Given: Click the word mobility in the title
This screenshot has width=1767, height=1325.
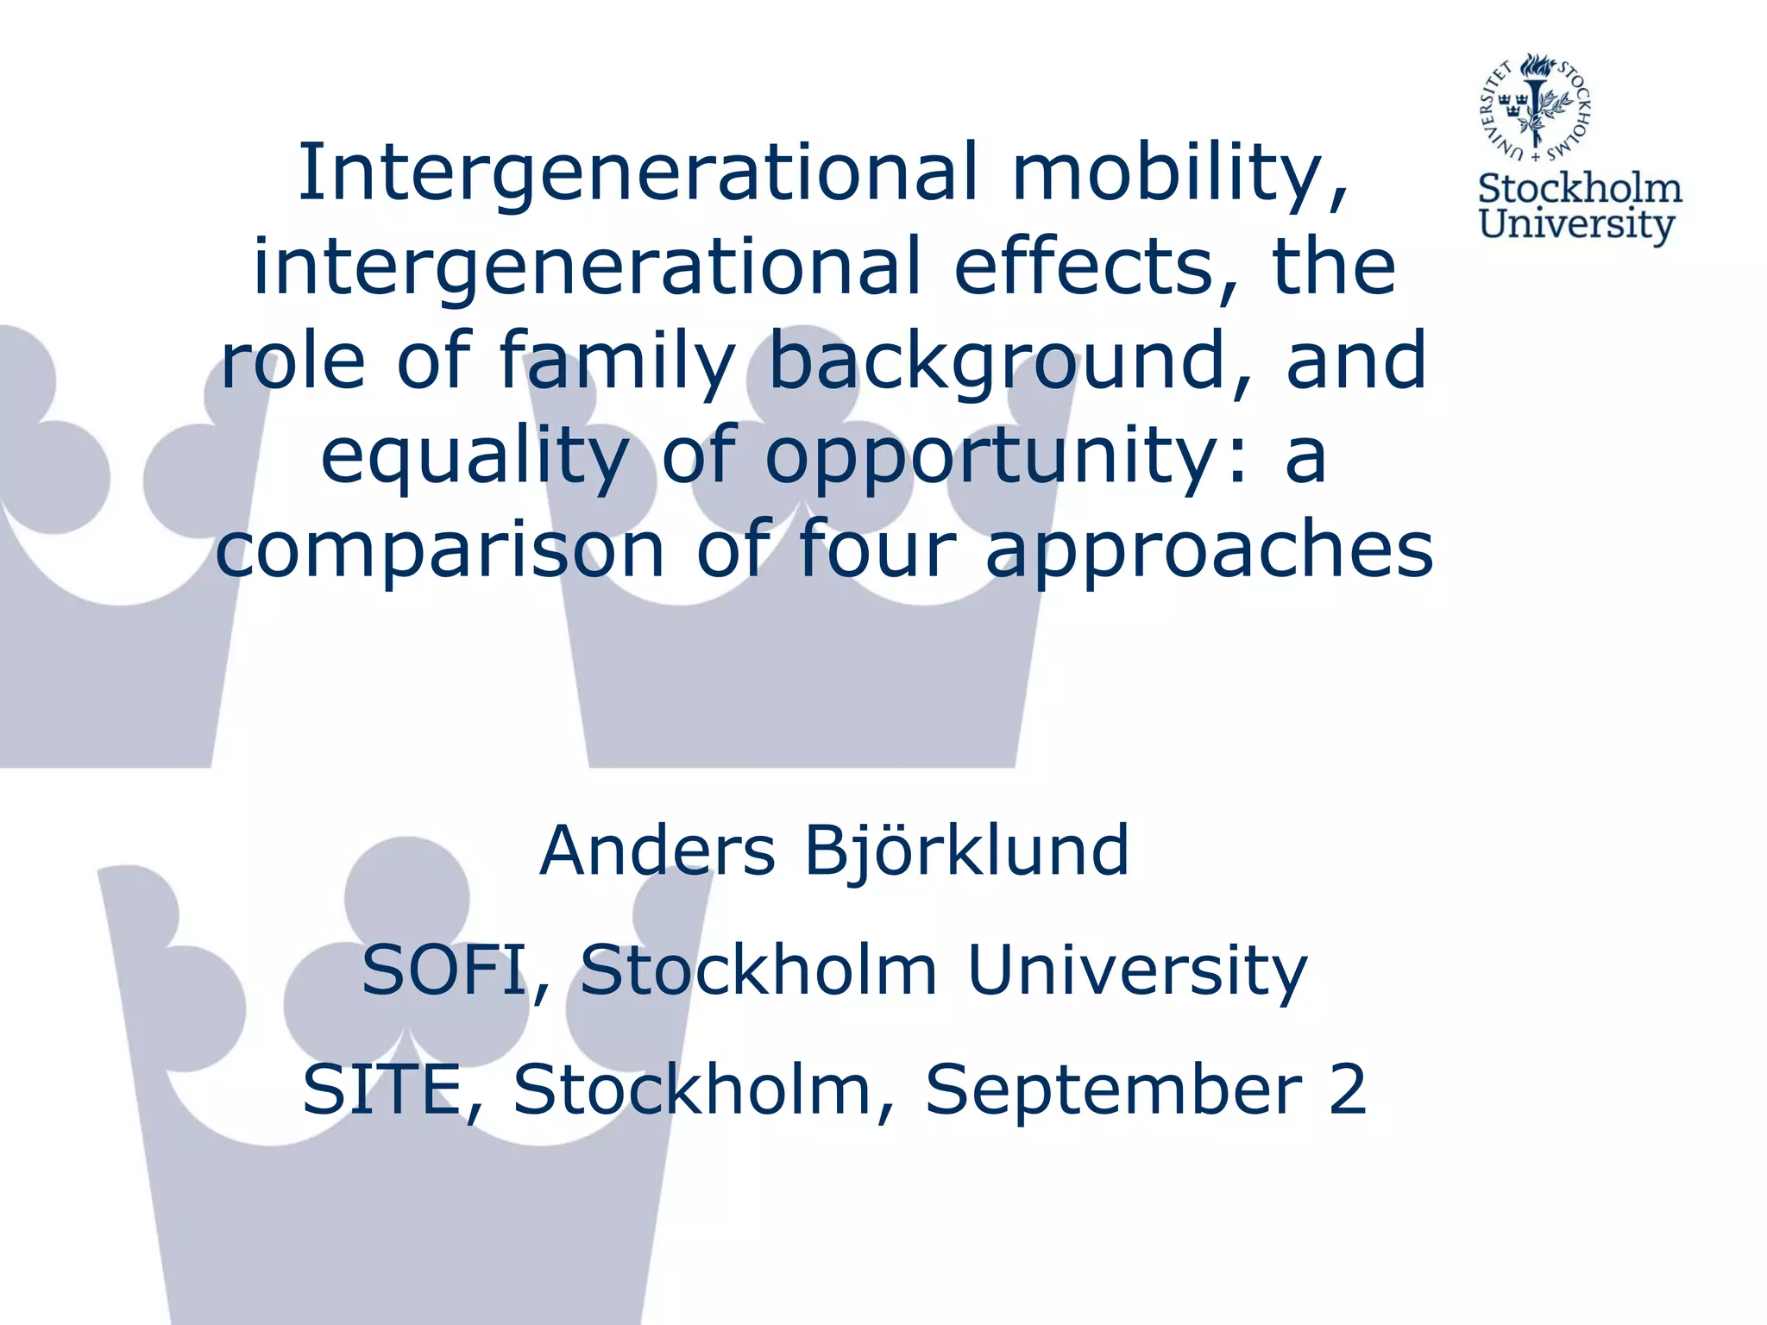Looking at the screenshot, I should [x=1178, y=173].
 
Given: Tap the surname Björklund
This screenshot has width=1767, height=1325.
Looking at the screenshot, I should [x=966, y=851].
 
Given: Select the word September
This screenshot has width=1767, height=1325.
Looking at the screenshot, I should [x=1113, y=1090].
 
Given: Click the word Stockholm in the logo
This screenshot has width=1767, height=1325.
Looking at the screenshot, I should [x=1580, y=189].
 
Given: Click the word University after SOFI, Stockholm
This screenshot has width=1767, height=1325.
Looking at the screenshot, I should [x=1137, y=970].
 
